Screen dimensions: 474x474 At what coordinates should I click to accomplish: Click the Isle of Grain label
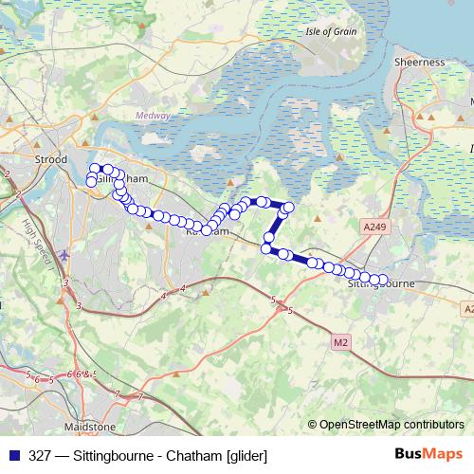point(331,31)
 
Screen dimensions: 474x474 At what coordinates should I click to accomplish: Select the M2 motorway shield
point(341,340)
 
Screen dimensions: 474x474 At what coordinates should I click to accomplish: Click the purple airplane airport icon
point(64,255)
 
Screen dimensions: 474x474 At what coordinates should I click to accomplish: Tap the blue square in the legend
point(12,455)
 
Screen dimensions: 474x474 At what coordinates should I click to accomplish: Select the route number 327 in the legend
point(41,455)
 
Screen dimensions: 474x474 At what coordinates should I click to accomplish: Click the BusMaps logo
point(429,454)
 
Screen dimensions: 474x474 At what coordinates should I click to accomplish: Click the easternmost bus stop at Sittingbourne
point(384,280)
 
